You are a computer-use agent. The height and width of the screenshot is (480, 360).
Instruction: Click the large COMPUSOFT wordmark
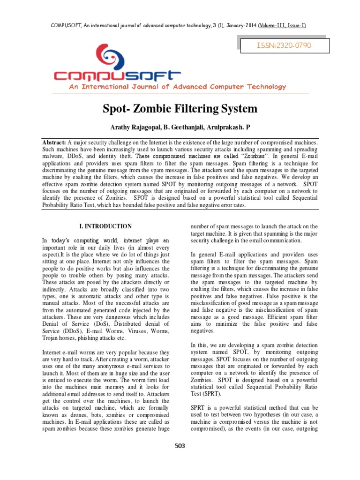click(117, 75)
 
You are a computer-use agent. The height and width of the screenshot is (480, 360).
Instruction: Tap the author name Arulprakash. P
click(229, 127)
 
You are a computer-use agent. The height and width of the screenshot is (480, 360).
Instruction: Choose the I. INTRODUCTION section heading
click(105, 226)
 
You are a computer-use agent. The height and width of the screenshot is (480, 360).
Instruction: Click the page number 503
click(180, 446)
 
